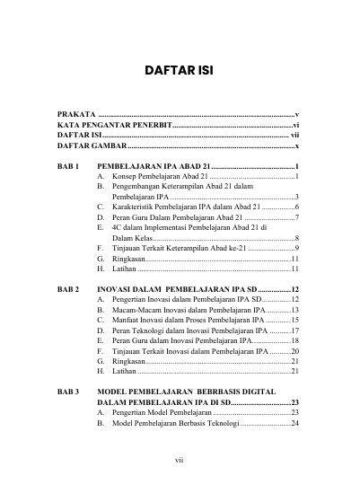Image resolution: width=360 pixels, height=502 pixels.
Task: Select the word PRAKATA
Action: (x=75, y=116)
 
